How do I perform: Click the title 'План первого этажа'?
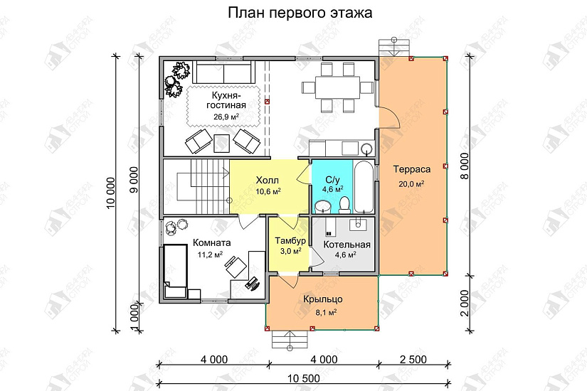coord(300,13)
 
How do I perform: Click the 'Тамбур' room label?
coord(290,240)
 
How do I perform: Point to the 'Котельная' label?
coord(347,245)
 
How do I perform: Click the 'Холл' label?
coord(268,181)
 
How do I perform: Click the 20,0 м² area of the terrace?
coord(411,183)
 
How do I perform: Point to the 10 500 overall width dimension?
coord(304,377)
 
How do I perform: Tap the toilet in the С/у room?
coord(344,205)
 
